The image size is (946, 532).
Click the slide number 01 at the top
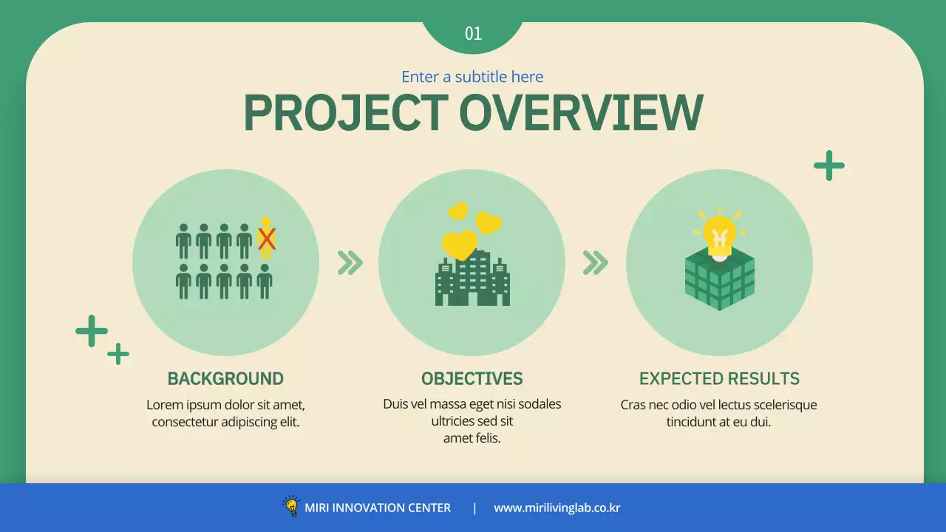click(x=473, y=33)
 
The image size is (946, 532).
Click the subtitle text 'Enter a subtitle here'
click(x=472, y=77)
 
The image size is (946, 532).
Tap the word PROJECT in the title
click(x=345, y=113)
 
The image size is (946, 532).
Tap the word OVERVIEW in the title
click(x=581, y=113)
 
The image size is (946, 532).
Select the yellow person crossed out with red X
click(x=266, y=238)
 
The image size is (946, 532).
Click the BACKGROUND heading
click(x=225, y=379)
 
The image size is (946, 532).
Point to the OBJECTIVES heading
click(x=472, y=379)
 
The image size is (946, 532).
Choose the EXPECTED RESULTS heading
click(x=719, y=379)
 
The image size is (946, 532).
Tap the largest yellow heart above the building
click(x=460, y=245)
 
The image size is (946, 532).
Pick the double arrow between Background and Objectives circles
click(x=350, y=262)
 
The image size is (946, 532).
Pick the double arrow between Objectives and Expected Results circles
click(x=595, y=262)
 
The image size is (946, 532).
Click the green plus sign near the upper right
click(x=829, y=166)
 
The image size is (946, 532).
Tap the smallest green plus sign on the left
click(x=118, y=354)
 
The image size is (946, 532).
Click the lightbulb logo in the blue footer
click(x=291, y=506)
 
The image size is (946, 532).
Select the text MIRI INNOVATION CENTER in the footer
click(x=378, y=508)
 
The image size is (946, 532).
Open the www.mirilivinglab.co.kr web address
click(x=557, y=508)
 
